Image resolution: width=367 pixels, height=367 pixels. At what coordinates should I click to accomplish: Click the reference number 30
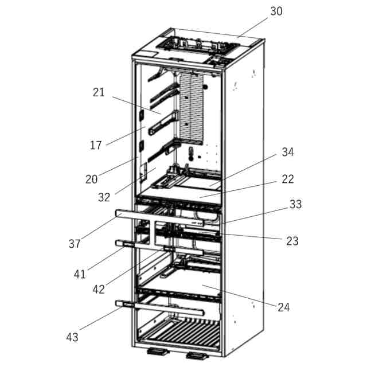(x=276, y=11)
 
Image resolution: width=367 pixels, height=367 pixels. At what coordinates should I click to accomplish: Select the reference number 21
(x=99, y=92)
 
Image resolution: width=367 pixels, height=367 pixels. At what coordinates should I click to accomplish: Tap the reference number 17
(x=96, y=145)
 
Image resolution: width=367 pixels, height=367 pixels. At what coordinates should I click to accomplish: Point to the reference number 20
(x=92, y=179)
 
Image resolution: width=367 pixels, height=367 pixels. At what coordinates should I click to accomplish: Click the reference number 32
(x=104, y=197)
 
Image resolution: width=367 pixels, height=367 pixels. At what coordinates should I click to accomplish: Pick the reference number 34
(x=288, y=152)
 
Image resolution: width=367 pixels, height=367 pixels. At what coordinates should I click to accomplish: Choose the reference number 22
(x=288, y=179)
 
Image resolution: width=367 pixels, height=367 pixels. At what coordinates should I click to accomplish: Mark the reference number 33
(x=295, y=204)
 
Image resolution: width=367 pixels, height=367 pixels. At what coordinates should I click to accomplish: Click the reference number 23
(x=292, y=241)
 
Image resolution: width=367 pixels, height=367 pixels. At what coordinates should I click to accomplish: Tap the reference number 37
(x=75, y=244)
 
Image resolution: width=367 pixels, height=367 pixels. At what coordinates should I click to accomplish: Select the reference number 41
(x=80, y=274)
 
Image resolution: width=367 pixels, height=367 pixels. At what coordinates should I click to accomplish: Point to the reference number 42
(x=99, y=289)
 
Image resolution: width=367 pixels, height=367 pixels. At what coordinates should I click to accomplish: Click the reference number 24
(x=284, y=307)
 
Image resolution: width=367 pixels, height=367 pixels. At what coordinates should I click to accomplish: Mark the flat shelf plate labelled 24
(x=189, y=284)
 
